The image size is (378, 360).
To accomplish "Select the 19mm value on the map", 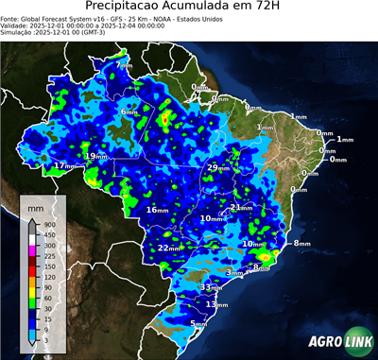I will pyautogui.click(x=96, y=156).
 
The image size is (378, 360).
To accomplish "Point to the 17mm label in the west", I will pyautogui.click(x=64, y=166).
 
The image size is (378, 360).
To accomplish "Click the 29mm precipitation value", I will pyautogui.click(x=217, y=167).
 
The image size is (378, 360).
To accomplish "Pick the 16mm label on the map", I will pyautogui.click(x=156, y=210).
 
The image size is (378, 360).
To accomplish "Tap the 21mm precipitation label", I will pyautogui.click(x=242, y=207).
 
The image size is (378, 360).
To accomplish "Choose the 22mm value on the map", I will pyautogui.click(x=169, y=249).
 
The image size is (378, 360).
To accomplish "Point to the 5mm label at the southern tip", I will pyautogui.click(x=199, y=324).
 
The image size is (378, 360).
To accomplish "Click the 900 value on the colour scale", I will pyautogui.click(x=49, y=224).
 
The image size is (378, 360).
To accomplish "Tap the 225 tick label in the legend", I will pyautogui.click(x=49, y=256).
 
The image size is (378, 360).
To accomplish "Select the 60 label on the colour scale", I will pyautogui.click(x=47, y=299).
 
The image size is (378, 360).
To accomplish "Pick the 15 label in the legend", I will pyautogui.click(x=47, y=319).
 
